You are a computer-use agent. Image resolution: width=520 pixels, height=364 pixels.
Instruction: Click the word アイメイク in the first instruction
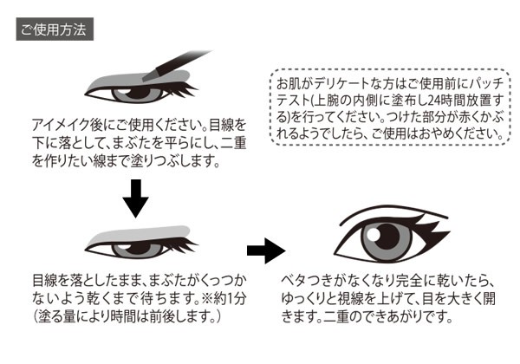[x=56, y=124]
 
